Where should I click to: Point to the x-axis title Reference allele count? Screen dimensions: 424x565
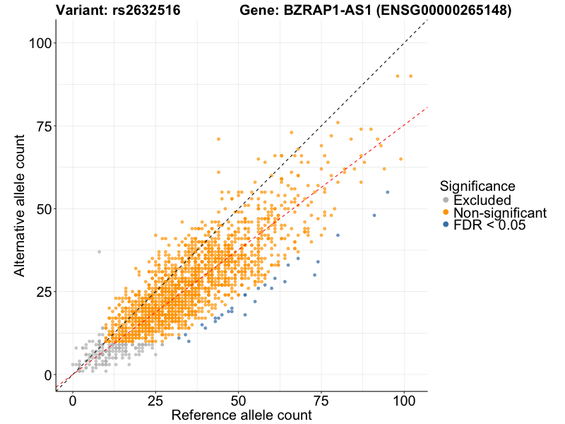click(241, 416)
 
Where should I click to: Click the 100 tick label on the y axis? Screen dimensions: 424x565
click(42, 43)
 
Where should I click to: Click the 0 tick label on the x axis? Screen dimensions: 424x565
click(73, 400)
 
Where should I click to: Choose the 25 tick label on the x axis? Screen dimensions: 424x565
click(155, 400)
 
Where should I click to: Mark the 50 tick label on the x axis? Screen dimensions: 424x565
click(239, 400)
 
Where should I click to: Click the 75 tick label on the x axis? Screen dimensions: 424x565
click(321, 400)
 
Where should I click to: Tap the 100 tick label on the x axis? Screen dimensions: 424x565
click(404, 400)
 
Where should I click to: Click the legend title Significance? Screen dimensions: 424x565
click(477, 186)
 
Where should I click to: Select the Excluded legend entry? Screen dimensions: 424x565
click(482, 200)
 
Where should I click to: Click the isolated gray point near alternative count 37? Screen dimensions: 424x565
click(99, 252)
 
